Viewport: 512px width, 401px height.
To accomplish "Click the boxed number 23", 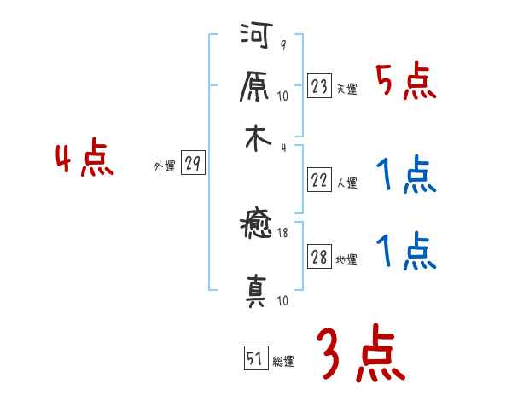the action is pyautogui.click(x=319, y=87).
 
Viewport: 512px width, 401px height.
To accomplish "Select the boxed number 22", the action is pyautogui.click(x=319, y=181).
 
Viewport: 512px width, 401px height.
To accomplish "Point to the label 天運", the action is pyautogui.click(x=346, y=89).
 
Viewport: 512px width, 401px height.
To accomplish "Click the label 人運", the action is pyautogui.click(x=346, y=183).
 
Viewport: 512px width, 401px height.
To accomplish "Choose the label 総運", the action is pyautogui.click(x=283, y=361).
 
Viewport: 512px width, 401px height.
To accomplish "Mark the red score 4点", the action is pyautogui.click(x=84, y=160).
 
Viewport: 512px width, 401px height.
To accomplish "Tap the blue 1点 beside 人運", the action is pyautogui.click(x=405, y=176).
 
